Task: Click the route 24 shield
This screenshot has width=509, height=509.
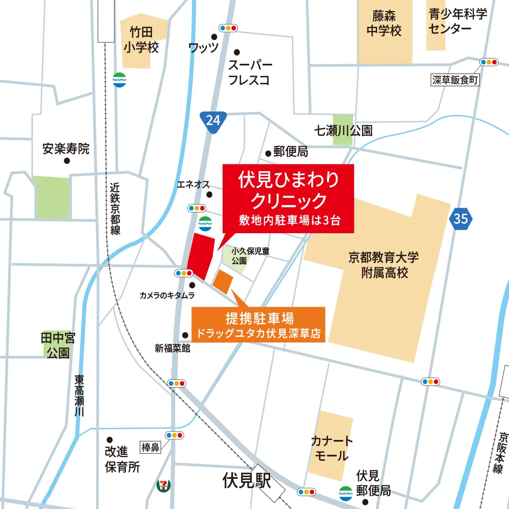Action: point(213,121)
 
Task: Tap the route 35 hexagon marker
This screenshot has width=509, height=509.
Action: point(460,218)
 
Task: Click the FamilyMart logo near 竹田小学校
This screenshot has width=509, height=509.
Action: point(119,80)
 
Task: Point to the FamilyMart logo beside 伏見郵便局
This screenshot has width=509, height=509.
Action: point(346,493)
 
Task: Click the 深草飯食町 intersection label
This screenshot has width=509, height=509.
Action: point(455,80)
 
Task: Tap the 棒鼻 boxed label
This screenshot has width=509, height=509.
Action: point(150,447)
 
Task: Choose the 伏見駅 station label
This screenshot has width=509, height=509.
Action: point(247,480)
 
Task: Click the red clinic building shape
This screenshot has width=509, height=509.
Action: point(201,255)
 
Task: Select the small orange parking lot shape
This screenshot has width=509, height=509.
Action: point(223,281)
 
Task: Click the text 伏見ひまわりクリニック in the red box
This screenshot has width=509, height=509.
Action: point(289,190)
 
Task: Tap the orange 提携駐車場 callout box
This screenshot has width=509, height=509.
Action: point(258,325)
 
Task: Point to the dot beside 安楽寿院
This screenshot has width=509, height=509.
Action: point(67,161)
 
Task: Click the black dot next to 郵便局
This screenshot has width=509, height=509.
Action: point(268,154)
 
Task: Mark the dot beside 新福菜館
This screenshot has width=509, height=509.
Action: point(186,335)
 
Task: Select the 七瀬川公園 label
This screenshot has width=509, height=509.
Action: point(343,131)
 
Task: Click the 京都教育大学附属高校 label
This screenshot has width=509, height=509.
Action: point(384,265)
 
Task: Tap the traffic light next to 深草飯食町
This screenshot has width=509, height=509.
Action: point(489,62)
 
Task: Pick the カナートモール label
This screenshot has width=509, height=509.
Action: point(331,448)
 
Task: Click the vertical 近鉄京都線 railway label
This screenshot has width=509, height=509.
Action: point(115,208)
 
